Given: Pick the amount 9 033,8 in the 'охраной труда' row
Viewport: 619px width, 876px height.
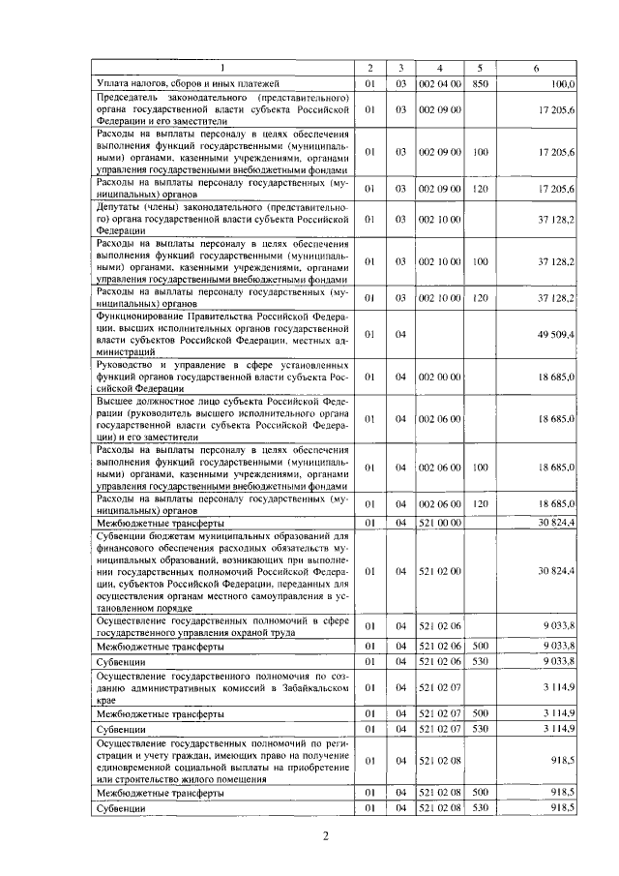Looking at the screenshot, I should click(x=558, y=626).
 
